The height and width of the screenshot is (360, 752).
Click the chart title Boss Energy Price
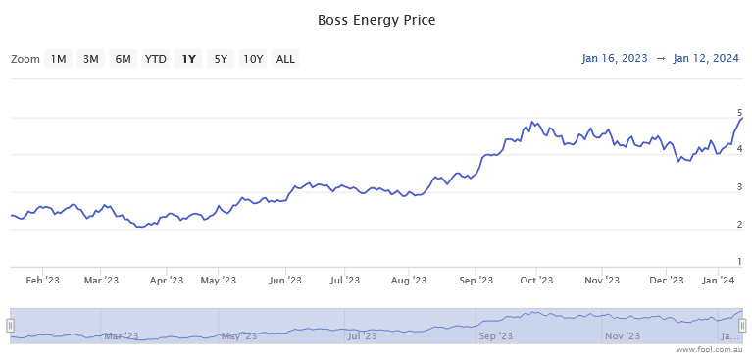376,20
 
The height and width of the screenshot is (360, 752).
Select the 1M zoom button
59,59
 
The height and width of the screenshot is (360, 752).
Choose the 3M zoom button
91,59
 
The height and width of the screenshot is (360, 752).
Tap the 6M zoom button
124,59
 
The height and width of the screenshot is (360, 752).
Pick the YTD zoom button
156,59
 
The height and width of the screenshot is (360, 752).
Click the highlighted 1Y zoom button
188,59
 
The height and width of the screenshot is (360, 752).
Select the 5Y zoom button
221,59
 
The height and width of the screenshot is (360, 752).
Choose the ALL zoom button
285,59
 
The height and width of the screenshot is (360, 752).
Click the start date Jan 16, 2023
615,59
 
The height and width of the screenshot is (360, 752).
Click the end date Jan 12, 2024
707,59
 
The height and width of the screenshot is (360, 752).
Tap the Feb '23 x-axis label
43,281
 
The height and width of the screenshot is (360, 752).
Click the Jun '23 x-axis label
284,281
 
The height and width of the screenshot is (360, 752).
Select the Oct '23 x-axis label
535,281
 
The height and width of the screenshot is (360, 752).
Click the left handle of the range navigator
11,325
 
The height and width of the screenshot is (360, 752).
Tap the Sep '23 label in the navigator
493,335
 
